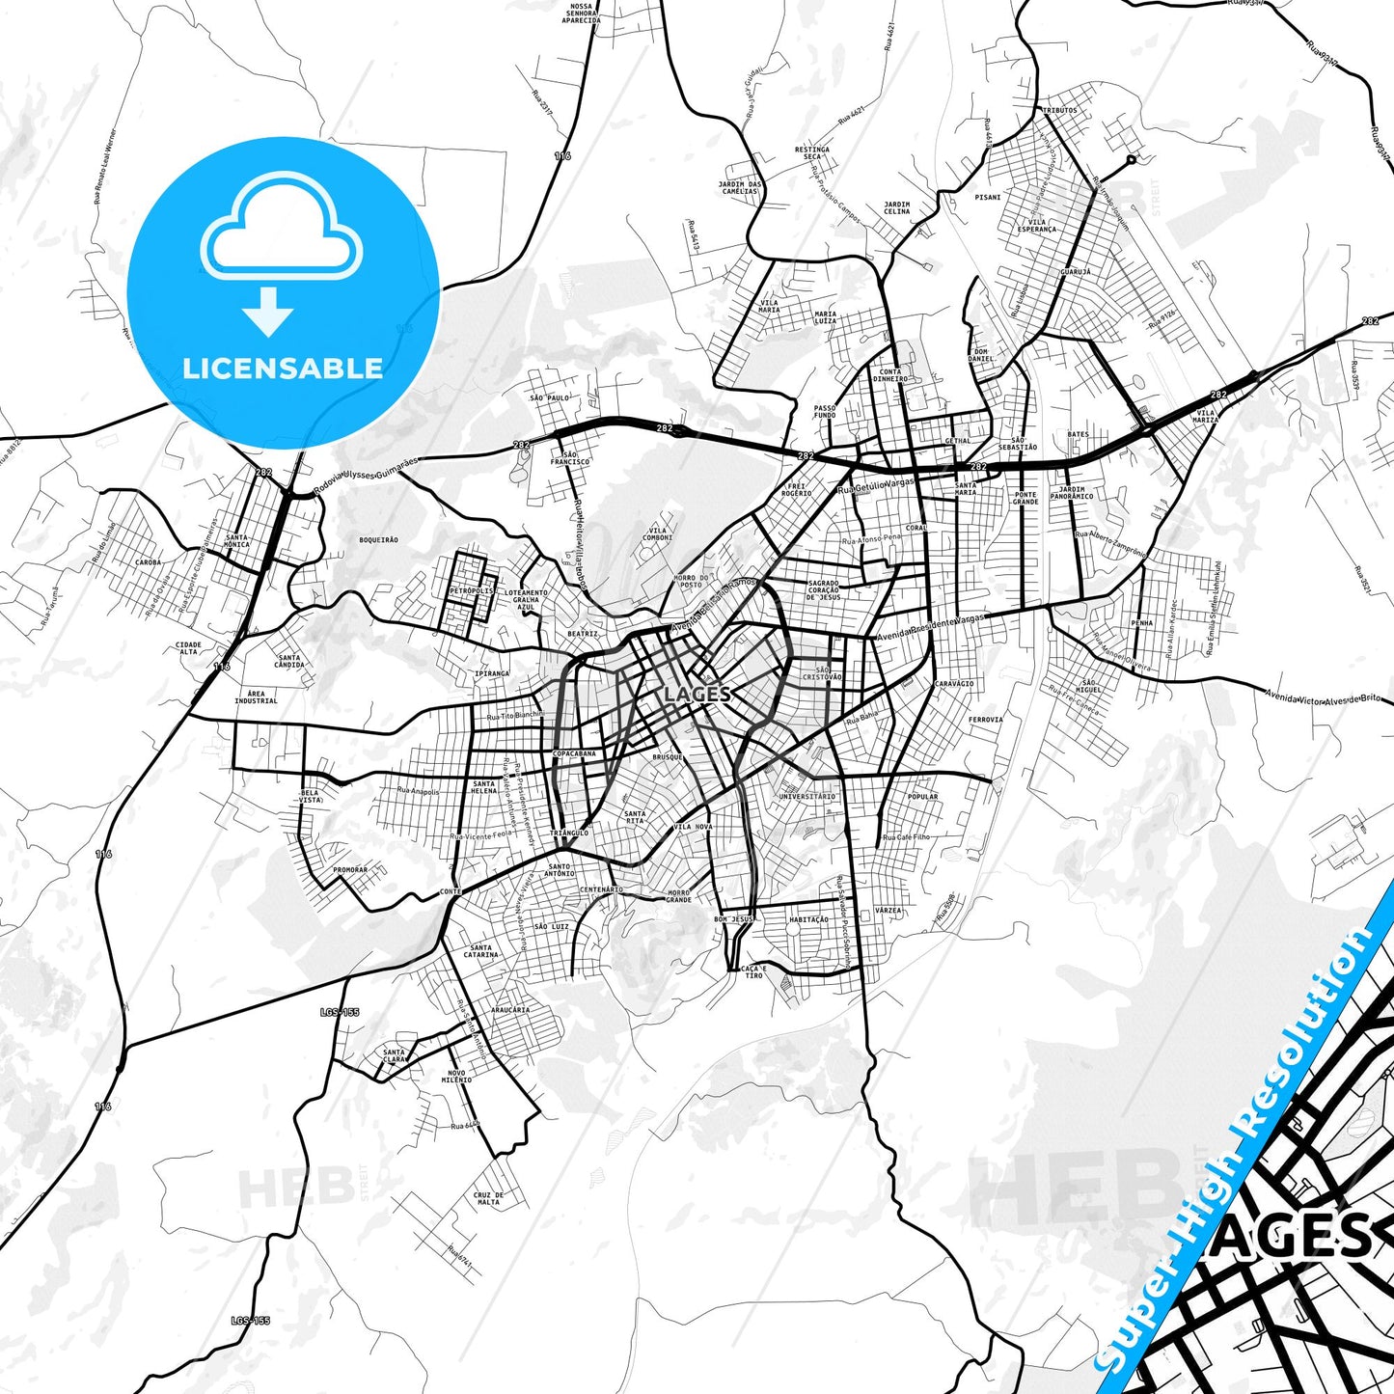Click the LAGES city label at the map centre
click(x=697, y=695)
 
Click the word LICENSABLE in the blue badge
click(x=283, y=369)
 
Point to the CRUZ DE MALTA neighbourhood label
click(x=488, y=1199)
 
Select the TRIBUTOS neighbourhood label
click(x=1059, y=111)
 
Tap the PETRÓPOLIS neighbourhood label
click(x=471, y=591)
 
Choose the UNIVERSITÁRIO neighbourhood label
click(x=806, y=797)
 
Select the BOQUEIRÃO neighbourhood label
click(x=378, y=540)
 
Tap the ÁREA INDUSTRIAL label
click(x=256, y=697)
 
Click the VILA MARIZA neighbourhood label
click(x=1205, y=417)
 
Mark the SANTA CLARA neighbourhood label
click(x=395, y=1055)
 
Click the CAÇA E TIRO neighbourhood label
click(x=753, y=971)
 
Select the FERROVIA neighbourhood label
click(x=985, y=720)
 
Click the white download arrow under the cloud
click(x=268, y=311)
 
